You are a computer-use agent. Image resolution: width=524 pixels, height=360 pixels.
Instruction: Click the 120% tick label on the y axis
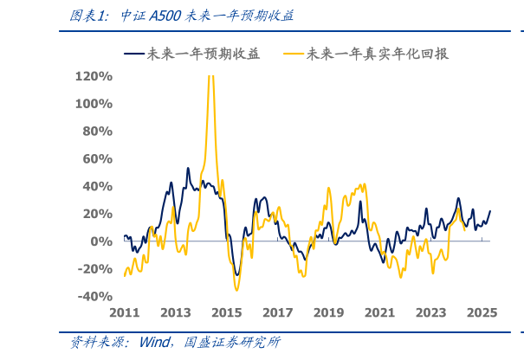pos(94,76)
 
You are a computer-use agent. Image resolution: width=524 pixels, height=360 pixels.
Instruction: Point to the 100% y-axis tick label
pos(94,104)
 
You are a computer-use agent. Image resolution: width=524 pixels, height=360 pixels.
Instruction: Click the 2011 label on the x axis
pos(124,313)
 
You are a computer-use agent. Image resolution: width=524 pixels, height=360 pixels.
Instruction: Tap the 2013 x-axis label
pos(175,313)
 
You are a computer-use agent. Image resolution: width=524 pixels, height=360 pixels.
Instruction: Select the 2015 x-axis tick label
pos(226,313)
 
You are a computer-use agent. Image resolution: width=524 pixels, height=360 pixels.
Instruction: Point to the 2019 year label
pos(328,313)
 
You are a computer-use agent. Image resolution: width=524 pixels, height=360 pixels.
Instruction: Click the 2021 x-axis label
pos(379,313)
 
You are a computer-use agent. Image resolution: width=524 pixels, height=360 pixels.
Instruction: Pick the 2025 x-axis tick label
pos(482,313)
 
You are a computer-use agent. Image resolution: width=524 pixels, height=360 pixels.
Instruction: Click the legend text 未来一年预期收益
pos(203,54)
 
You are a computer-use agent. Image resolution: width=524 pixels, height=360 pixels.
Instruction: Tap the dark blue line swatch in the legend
pos(134,54)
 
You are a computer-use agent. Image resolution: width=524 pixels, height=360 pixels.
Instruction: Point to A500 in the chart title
pos(165,16)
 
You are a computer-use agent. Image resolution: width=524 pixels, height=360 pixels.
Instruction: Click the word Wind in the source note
pos(153,343)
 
